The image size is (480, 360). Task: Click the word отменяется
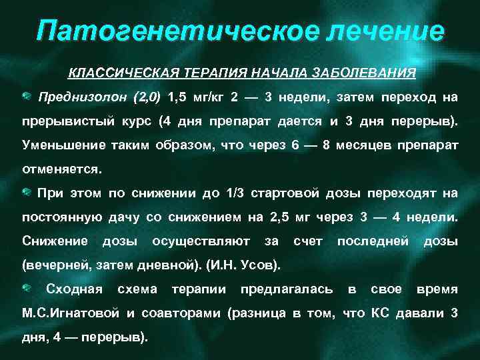62,169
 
